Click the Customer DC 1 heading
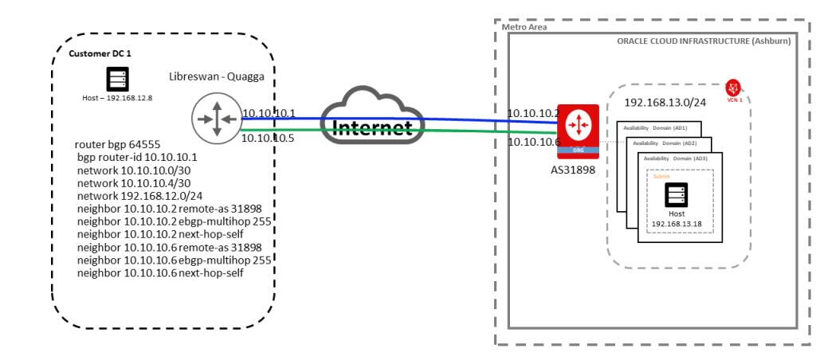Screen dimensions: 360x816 tap(101, 54)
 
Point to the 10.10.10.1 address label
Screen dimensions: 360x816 tap(269, 114)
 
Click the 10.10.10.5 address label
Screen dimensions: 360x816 tap(269, 137)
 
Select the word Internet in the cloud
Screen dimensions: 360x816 tap(372, 127)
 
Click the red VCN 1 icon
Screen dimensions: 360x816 tap(733, 88)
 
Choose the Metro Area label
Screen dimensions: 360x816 tap(524, 27)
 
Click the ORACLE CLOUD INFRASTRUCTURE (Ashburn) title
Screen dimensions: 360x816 tap(703, 41)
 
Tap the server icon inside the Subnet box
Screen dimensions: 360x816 tap(676, 194)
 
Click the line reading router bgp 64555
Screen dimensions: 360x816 tap(117, 145)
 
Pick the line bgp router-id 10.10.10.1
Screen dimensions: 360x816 tap(137, 158)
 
